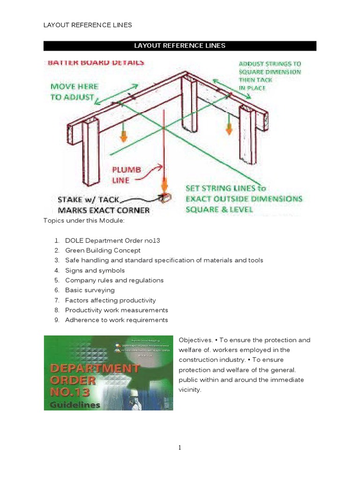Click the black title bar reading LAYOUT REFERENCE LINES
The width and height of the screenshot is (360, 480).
point(180,45)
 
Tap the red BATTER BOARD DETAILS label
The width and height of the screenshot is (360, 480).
point(96,62)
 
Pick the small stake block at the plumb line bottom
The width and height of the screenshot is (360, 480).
point(164,198)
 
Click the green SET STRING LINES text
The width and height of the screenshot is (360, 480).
point(244,198)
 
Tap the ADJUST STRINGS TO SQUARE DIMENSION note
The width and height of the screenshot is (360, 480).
point(270,75)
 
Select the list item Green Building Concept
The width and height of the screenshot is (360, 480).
point(103,250)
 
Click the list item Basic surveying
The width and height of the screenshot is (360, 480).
point(90,290)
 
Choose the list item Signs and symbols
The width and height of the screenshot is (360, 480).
point(95,270)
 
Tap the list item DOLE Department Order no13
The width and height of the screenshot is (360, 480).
point(112,240)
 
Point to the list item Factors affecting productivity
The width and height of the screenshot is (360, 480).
point(110,300)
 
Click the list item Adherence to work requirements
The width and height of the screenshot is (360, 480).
point(116,320)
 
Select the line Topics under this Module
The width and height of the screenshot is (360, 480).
point(84,220)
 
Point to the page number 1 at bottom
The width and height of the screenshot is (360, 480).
point(180,448)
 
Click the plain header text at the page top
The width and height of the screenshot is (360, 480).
point(88,25)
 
